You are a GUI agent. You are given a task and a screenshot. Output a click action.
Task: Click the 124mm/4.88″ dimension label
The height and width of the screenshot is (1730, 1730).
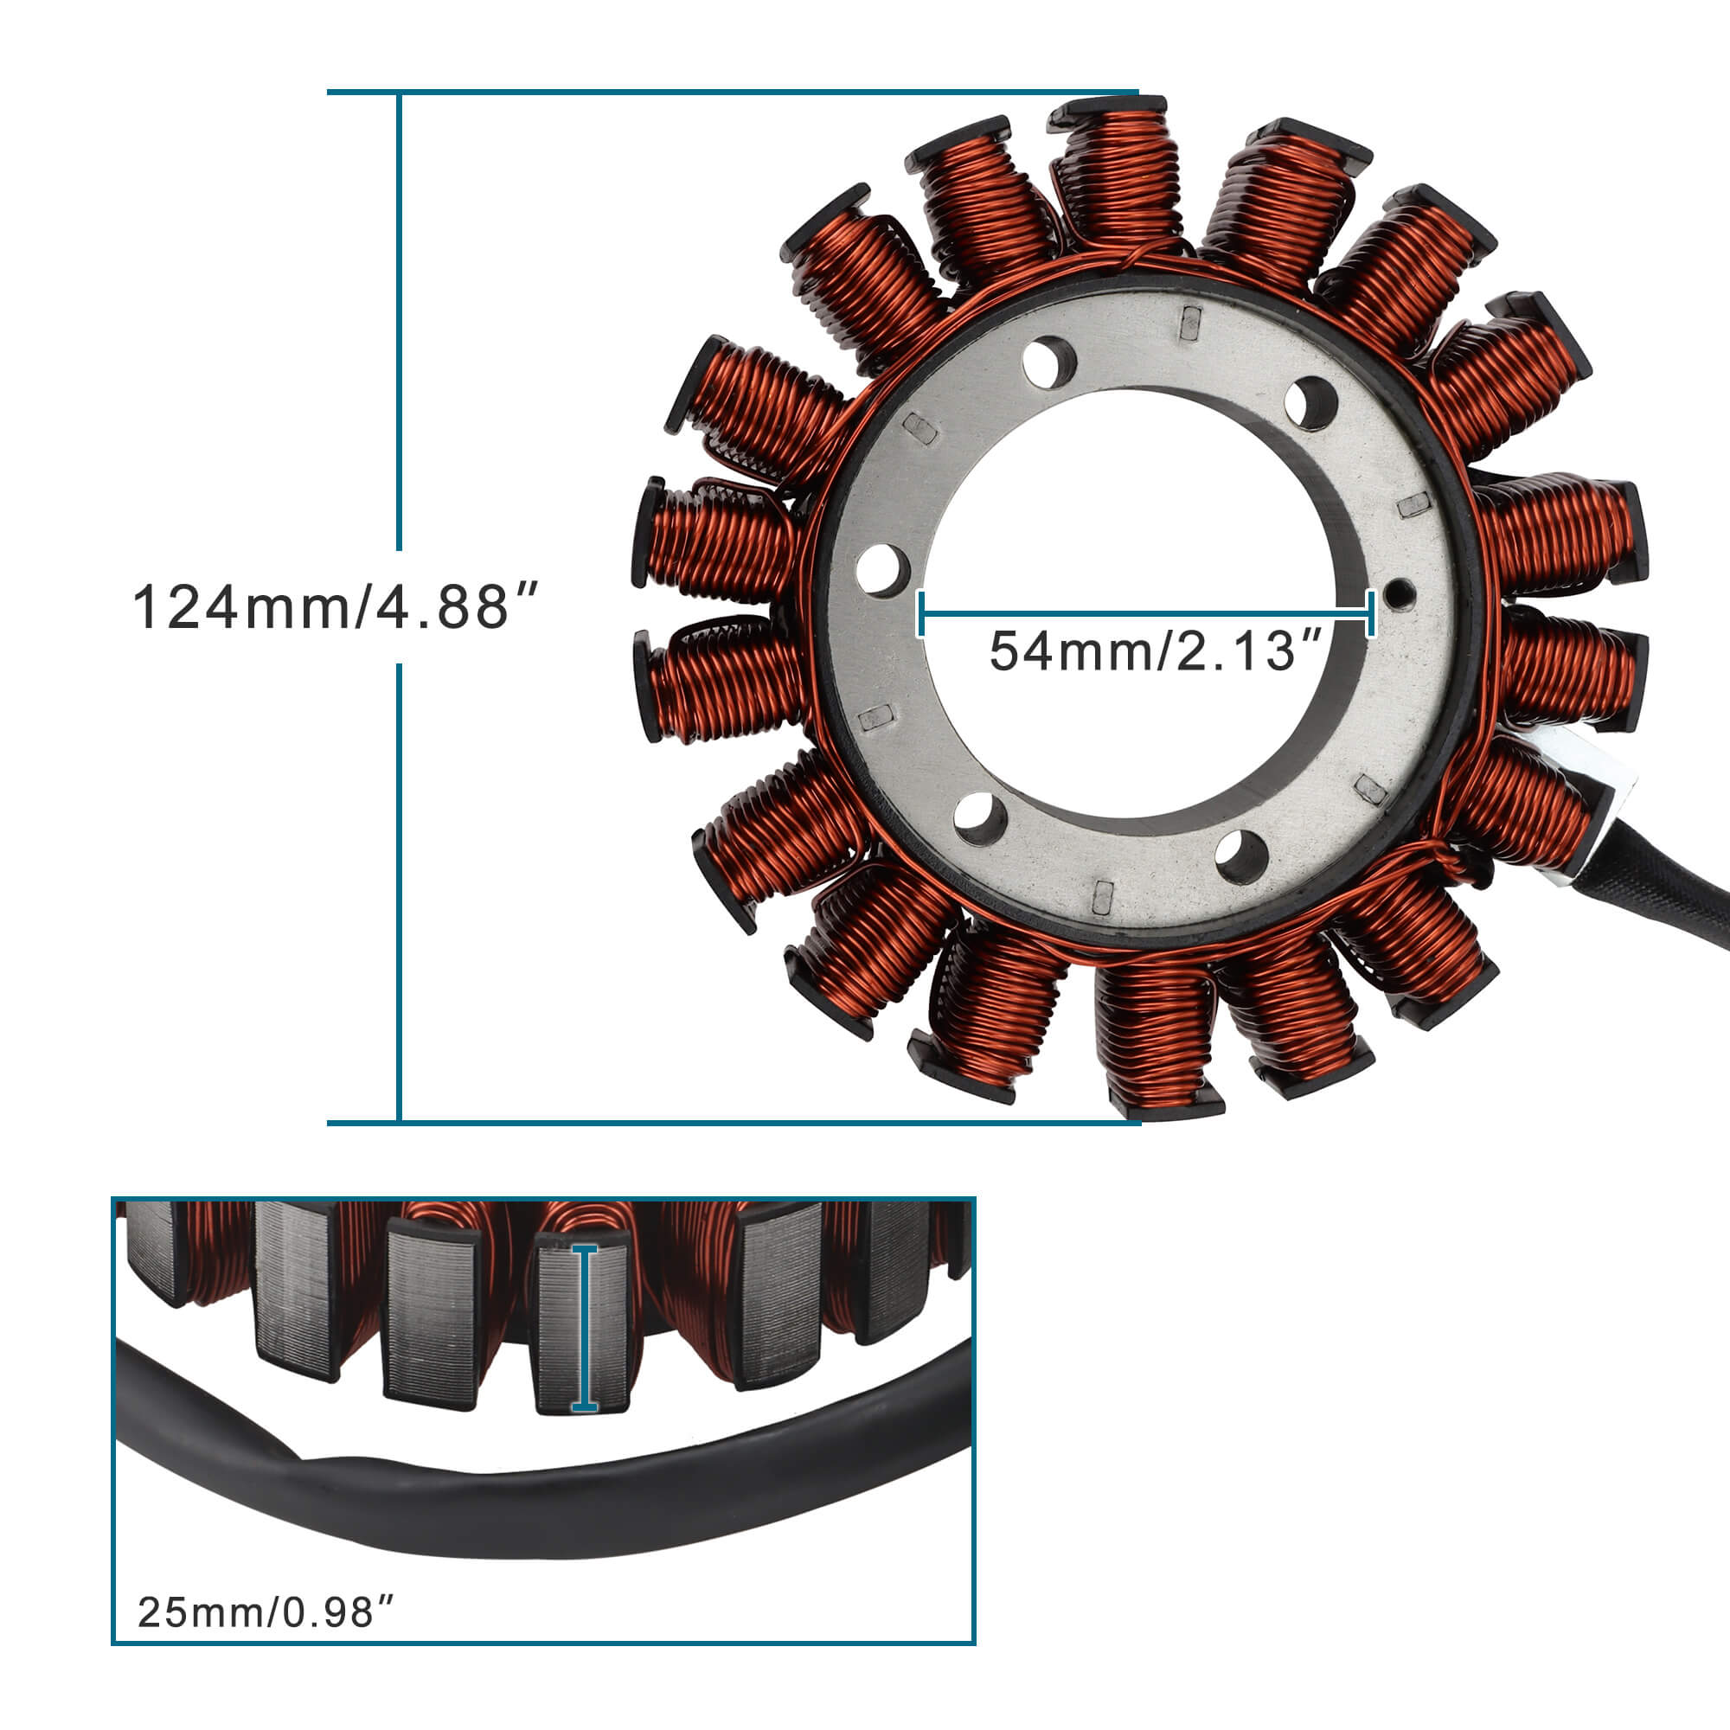336,607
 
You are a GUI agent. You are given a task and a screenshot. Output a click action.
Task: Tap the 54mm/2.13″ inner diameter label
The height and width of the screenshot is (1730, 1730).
1155,651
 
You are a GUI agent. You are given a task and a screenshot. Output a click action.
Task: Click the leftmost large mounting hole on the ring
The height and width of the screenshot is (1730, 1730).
882,569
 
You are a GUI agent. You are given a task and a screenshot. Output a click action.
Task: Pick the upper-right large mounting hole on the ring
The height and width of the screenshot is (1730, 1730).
1310,403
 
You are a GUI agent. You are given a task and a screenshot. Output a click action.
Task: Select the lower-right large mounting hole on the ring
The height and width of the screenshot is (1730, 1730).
1242,856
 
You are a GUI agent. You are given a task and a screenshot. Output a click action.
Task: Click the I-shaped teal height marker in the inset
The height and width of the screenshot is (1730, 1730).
585,1328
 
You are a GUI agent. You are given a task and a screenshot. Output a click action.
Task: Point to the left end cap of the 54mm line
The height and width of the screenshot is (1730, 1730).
921,613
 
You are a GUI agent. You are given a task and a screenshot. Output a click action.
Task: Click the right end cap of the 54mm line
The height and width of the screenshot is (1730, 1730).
1371,613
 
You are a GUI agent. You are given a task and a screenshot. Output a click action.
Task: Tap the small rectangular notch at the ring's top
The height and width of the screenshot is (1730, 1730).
1189,323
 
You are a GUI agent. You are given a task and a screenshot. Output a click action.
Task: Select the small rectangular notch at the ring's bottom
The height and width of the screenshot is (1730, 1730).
1103,895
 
